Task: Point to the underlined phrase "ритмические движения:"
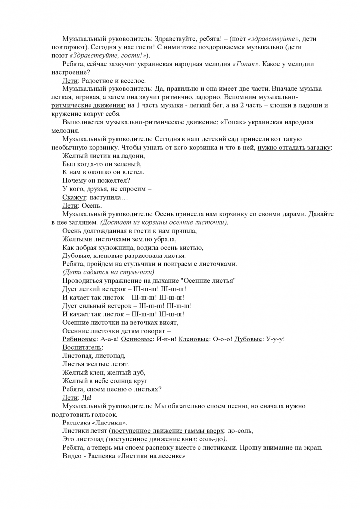point(88,106)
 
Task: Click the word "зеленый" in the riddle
point(130,164)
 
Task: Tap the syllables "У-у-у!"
point(276,339)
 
